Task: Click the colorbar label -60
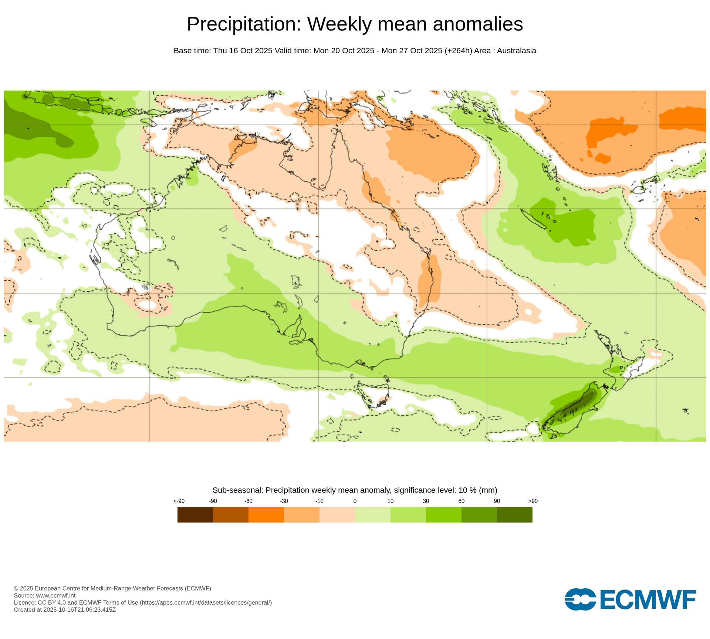248,501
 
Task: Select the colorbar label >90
532,501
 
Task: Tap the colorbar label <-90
179,501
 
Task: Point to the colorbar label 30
426,501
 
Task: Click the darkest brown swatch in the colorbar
195,514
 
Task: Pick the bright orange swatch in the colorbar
266,514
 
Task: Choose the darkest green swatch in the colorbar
514,514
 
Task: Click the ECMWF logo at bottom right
630,599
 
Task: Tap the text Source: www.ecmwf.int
44,595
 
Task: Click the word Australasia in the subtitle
516,51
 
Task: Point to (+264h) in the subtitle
458,51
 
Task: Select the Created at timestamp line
65,609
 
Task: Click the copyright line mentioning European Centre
112,588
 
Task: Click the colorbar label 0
355,501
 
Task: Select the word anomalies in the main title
478,24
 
